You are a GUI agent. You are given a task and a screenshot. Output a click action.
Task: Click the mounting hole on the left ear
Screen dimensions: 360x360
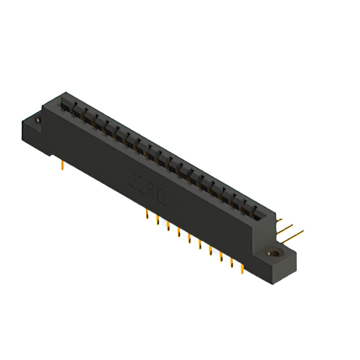click(x=38, y=120)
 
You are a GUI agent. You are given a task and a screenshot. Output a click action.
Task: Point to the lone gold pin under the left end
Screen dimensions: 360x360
click(x=61, y=164)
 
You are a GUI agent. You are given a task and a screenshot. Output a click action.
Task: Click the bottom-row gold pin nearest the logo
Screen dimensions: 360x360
click(x=147, y=215)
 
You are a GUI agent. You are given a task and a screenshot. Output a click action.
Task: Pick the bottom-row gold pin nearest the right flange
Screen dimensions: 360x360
click(x=242, y=270)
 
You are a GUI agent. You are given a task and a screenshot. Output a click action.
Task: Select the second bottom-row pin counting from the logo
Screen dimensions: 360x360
click(x=157, y=220)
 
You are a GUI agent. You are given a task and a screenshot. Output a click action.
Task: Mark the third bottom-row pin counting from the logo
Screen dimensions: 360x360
click(x=168, y=226)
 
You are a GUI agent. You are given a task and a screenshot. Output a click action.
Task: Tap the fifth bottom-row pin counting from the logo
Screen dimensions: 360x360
click(x=190, y=238)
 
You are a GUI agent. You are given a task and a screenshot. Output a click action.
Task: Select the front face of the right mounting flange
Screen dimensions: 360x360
click(x=276, y=267)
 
